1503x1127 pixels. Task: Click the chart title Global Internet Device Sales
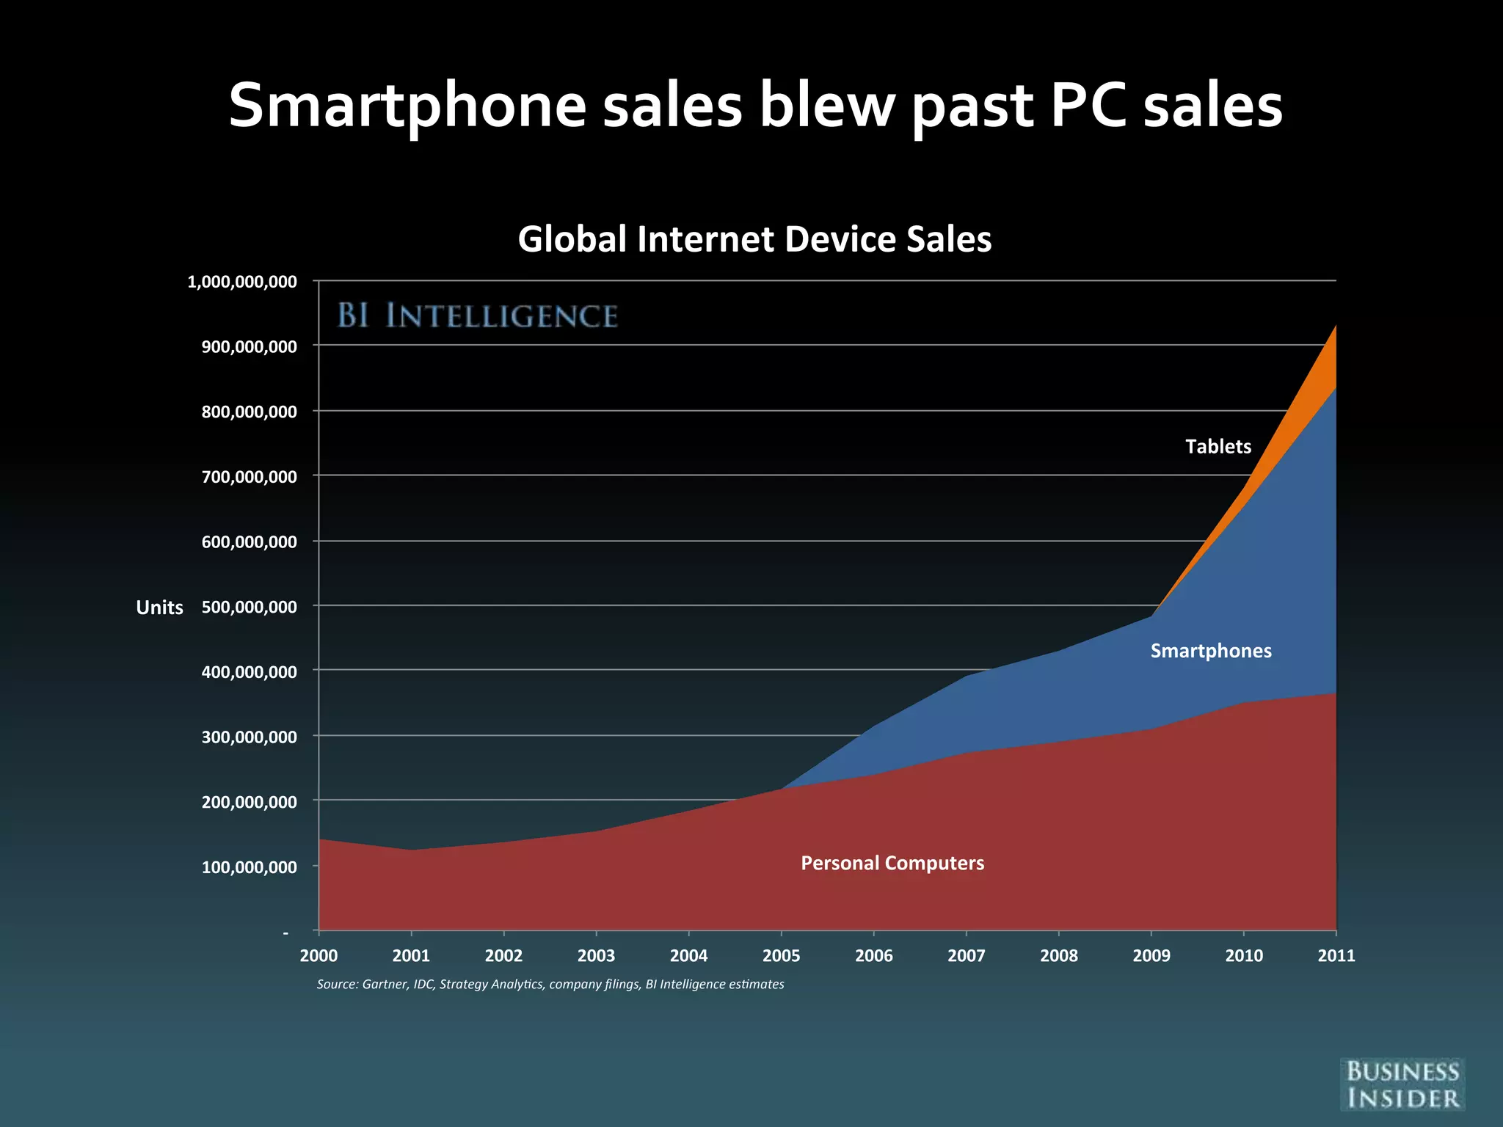754,239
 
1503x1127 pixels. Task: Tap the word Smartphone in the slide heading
407,106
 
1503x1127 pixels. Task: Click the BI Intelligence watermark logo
477,316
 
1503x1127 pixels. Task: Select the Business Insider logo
1402,1084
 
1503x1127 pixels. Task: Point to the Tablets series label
1218,446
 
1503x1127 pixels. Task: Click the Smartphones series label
1210,651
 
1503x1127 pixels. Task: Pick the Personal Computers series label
892,863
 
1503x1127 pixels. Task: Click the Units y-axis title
159,608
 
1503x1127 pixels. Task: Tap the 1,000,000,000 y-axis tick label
242,282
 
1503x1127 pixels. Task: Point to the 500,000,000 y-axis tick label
250,607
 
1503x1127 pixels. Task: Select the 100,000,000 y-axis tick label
250,867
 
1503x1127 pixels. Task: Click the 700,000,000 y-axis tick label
250,477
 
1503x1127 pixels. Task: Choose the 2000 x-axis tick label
319,955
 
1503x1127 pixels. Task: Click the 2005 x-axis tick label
781,955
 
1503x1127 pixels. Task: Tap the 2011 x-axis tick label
1336,955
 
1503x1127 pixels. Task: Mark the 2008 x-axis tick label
1058,955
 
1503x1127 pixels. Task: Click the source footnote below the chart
550,984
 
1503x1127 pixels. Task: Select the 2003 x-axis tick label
596,955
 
